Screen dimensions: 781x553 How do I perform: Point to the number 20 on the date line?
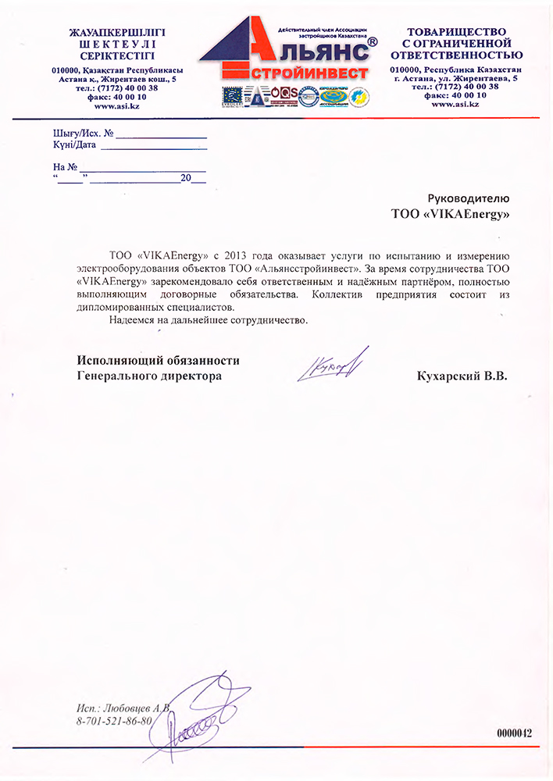click(186, 178)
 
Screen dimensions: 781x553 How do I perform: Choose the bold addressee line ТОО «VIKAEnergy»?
click(450, 212)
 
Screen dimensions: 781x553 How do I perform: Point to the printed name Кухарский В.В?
click(462, 376)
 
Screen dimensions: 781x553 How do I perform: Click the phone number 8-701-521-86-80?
click(114, 720)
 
